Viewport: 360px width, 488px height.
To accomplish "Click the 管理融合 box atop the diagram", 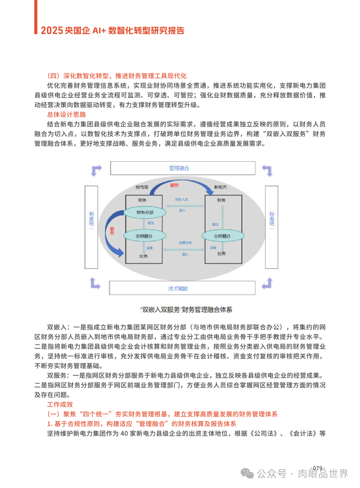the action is pos(183,168).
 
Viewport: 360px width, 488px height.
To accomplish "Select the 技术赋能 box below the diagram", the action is pos(182,288).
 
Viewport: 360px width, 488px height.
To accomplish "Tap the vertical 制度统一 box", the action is pos(91,227).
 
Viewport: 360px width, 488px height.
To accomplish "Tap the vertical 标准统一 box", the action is pos(272,227).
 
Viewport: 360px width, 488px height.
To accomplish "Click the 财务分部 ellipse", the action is pos(145,213).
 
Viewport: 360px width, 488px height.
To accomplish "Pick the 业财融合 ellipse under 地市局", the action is pos(145,236).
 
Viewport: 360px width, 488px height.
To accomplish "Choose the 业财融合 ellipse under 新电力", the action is pos(223,236).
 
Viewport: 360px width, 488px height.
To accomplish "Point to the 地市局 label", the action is pos(142,187).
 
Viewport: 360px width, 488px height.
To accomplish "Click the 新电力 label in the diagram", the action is pos(220,187).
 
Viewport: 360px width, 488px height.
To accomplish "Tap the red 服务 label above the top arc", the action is pos(174,185).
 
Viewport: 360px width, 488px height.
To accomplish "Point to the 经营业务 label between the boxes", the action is pos(185,243).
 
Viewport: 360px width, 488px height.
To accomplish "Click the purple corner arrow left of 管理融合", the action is pos(96,170).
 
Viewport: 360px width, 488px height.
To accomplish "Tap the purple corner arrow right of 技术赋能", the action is pos(267,283).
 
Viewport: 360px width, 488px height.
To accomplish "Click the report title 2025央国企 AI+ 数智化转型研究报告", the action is pos(113,31).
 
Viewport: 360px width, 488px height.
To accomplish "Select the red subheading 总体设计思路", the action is pos(66,115).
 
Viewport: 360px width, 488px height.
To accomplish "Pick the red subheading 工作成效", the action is pos(60,404).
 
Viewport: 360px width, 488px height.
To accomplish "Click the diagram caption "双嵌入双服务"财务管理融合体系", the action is pos(186,310).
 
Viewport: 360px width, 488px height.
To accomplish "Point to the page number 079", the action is pos(318,468).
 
